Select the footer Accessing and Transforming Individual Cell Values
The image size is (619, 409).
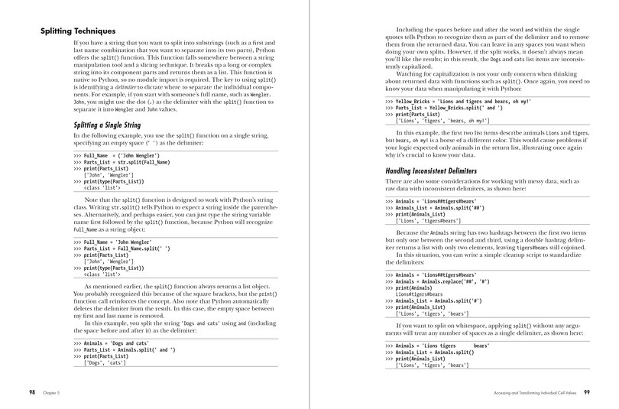pyautogui.click(x=527, y=391)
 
